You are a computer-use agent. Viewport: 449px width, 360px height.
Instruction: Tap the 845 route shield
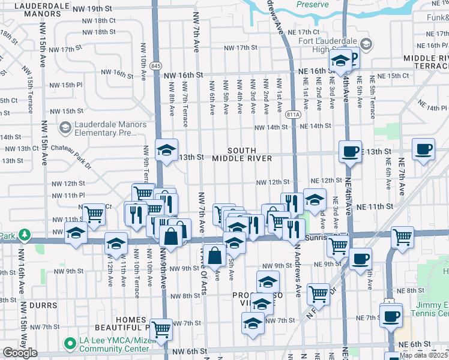[x=156, y=65]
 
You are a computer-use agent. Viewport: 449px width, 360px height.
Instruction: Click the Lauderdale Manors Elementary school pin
[x=65, y=127]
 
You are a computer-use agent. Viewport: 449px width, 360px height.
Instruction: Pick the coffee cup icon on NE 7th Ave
[x=423, y=149]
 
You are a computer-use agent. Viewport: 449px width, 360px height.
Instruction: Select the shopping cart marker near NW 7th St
[x=161, y=329]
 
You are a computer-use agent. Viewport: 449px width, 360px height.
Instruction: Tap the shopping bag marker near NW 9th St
[x=214, y=256]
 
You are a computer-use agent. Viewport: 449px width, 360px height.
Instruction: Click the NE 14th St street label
[x=316, y=126]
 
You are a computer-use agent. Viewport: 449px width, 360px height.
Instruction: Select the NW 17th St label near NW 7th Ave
[x=240, y=47]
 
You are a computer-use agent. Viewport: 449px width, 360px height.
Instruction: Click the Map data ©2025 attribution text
[x=424, y=355]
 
